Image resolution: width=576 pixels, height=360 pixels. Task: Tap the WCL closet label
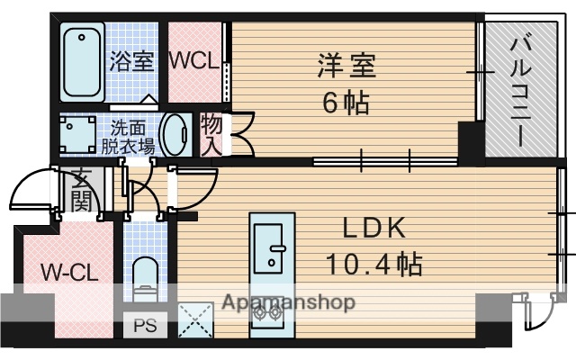click(193, 61)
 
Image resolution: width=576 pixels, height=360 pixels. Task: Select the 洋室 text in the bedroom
click(346, 66)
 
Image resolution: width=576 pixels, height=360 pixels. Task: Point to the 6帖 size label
click(346, 103)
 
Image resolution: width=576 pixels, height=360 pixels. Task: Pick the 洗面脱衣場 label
click(128, 135)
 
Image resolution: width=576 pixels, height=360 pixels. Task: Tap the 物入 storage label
click(211, 132)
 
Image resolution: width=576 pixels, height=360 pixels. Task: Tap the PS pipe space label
click(144, 326)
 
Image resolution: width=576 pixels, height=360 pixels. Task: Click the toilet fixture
click(145, 275)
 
